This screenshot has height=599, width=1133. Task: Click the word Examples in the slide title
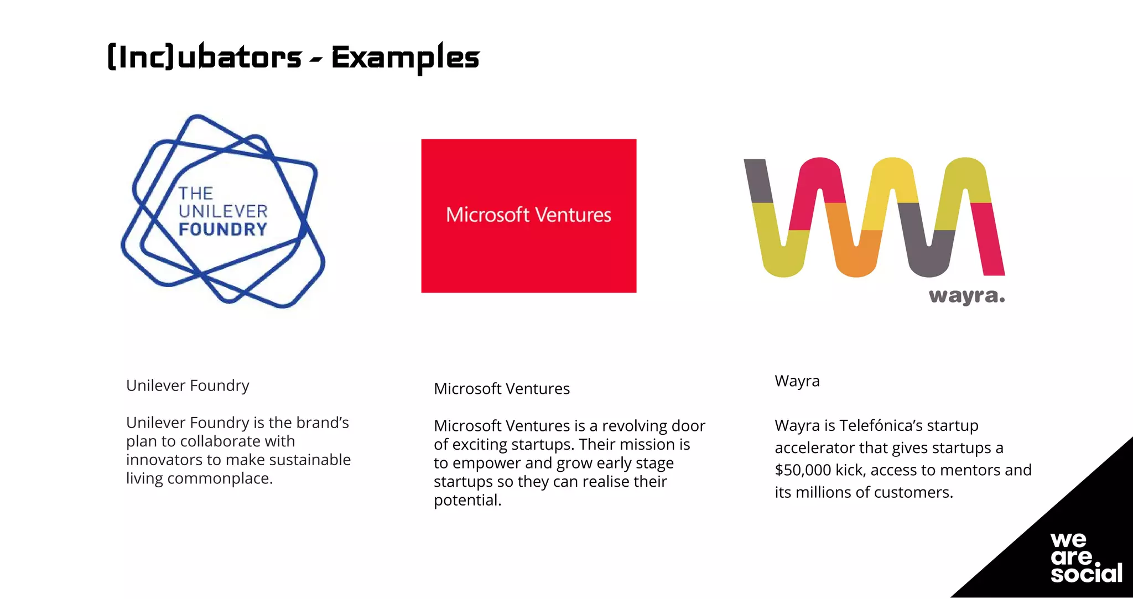tap(405, 58)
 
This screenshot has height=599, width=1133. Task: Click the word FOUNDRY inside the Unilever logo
tap(223, 230)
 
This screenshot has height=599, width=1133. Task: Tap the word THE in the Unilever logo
tap(196, 193)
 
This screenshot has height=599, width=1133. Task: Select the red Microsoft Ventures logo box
tap(529, 216)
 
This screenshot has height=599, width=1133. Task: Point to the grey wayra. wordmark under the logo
tap(967, 296)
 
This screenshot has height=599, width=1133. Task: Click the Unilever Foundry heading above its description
tap(188, 386)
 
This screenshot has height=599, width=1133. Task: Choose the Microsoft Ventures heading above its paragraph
tap(502, 389)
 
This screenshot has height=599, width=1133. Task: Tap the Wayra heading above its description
tap(797, 382)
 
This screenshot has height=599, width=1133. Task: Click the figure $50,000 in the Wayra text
tap(803, 470)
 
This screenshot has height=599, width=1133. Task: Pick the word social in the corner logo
tap(1087, 573)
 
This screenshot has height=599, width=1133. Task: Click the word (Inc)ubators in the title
tap(204, 56)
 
